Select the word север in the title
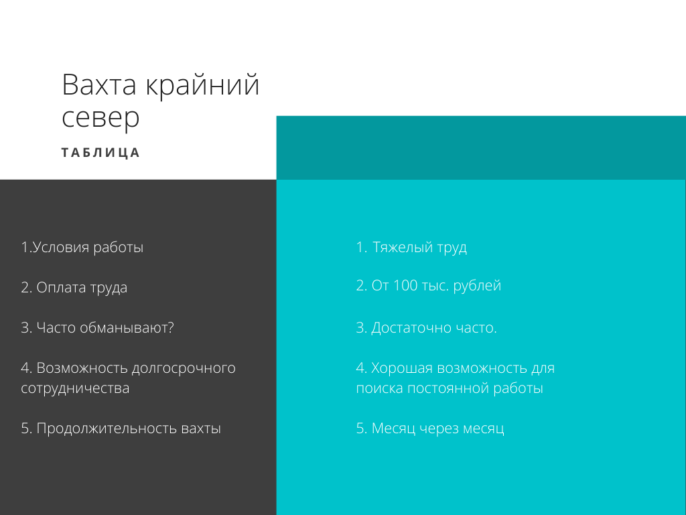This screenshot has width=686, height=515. [x=100, y=118]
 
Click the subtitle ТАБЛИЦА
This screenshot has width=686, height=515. [x=100, y=153]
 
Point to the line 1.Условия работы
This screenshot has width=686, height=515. [x=82, y=247]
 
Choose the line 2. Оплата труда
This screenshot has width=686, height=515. [x=74, y=288]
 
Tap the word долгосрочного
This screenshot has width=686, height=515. [x=184, y=368]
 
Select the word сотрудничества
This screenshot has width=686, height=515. [x=75, y=388]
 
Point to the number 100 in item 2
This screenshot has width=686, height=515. [x=406, y=286]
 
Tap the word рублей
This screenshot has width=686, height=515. [x=477, y=286]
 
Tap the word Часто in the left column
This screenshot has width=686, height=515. [x=56, y=328]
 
